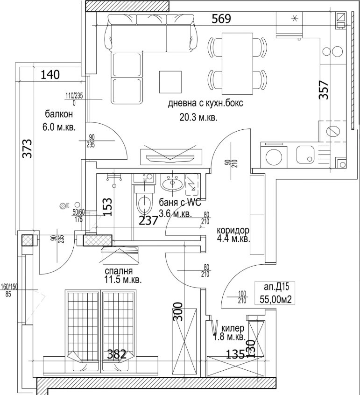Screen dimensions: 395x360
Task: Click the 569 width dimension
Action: click(221, 19)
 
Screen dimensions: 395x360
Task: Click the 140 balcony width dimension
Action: click(51, 74)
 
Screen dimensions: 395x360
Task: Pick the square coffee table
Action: click(170, 82)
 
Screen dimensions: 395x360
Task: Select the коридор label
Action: click(233, 231)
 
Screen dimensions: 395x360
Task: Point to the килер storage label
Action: click(233, 328)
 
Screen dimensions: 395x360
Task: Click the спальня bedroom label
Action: click(119, 271)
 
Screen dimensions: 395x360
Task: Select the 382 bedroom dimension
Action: click(116, 354)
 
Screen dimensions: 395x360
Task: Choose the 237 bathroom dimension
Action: click(149, 220)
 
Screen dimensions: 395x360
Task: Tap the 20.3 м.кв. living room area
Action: click(198, 118)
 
